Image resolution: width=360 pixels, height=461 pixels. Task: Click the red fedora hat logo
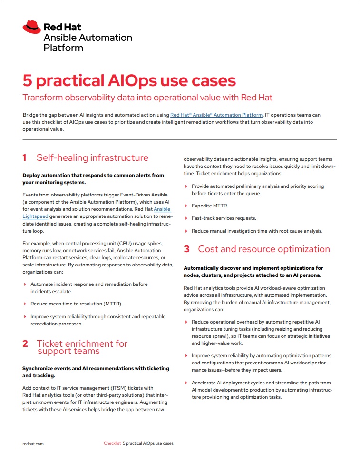pos(31,27)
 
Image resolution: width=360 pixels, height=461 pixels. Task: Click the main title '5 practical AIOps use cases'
pos(129,80)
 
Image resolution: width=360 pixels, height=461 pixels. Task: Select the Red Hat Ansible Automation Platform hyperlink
pos(216,115)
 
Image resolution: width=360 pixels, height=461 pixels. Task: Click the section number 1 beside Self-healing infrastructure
pos(25,158)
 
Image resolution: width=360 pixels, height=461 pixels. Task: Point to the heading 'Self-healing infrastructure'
pos(92,158)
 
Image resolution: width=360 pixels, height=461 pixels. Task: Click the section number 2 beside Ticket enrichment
pos(25,343)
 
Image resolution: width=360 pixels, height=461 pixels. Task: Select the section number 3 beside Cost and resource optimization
pos(187,249)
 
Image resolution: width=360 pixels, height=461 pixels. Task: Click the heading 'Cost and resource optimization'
pos(263,249)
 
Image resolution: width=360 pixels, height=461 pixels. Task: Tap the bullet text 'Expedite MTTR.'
pos(209,205)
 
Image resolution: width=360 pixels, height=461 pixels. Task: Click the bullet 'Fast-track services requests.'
pos(224,218)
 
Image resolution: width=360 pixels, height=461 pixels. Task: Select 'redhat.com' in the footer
pos(33,443)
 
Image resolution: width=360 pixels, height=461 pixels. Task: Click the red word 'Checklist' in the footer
pos(112,443)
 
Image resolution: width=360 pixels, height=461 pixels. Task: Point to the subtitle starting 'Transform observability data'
pos(147,98)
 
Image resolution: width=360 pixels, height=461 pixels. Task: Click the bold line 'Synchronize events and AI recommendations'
pos(96,368)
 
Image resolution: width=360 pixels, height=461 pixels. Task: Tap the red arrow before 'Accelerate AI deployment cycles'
pos(186,383)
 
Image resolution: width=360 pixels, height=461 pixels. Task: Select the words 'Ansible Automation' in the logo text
pos(88,38)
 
